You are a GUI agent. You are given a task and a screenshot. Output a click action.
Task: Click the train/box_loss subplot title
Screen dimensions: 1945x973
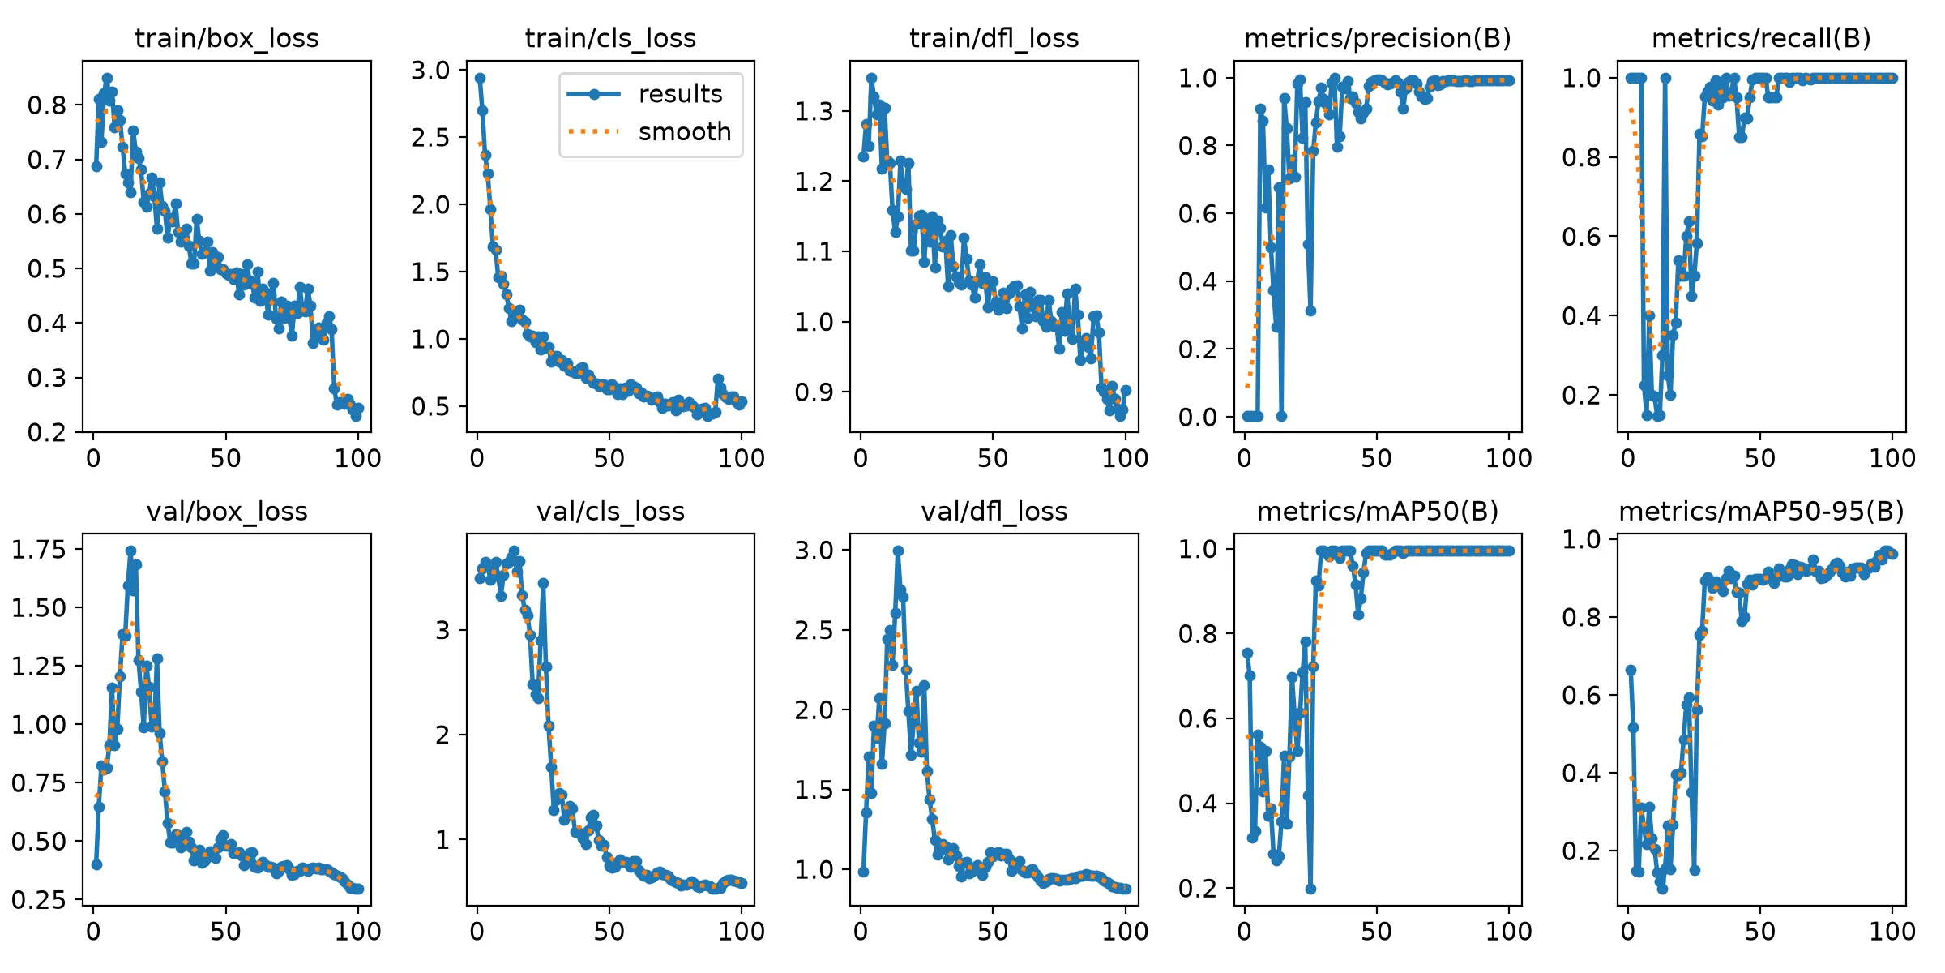pos(227,38)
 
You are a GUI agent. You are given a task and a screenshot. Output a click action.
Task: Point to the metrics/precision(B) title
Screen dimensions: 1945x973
pos(1378,38)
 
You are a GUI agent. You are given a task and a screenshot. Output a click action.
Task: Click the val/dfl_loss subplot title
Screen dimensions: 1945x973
pos(994,512)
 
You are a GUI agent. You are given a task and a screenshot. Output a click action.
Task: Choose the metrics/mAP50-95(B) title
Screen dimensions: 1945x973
pos(1761,512)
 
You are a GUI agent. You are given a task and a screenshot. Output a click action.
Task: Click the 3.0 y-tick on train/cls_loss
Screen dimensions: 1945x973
pos(430,71)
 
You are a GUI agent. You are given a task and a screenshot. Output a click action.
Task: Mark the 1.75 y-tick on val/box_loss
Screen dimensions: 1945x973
pos(38,550)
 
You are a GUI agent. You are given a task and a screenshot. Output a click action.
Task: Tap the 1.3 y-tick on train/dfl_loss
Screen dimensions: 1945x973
pos(814,111)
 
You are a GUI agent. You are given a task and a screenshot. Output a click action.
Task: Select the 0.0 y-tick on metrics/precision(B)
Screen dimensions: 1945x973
pos(1198,417)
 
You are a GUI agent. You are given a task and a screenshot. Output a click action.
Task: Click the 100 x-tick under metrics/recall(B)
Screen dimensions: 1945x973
pos(1892,458)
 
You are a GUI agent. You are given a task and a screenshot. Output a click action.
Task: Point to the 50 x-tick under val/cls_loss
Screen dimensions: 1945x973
pos(609,932)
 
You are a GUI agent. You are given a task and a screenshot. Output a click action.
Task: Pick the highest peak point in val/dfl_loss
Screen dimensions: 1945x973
pos(898,551)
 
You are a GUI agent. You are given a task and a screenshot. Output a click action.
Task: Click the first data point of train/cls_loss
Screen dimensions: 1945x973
pos(480,79)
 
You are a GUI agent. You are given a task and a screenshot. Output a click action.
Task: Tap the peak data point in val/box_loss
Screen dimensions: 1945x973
pos(130,551)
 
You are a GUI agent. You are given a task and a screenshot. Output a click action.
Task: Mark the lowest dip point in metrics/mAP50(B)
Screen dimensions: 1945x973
pos(1310,889)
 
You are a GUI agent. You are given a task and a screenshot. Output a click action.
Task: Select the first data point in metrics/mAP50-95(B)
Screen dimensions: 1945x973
pos(1631,670)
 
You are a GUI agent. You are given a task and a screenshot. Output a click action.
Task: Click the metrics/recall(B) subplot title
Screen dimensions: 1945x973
pos(1761,38)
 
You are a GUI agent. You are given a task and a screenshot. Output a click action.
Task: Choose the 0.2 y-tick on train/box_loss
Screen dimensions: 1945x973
pos(47,432)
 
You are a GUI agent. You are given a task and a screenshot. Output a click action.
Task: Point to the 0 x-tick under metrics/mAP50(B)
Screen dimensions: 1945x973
pos(1245,932)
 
